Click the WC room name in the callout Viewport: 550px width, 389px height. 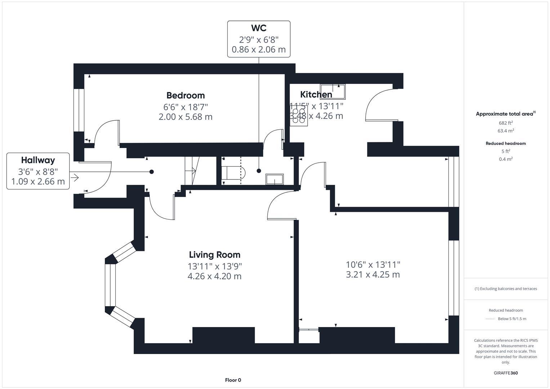click(259, 28)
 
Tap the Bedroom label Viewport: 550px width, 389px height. click(185, 95)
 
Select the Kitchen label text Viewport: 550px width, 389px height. click(316, 94)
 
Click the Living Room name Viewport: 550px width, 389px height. click(214, 255)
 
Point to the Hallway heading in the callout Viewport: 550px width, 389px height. click(38, 160)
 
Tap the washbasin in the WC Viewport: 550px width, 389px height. click(274, 179)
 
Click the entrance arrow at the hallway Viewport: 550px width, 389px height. click(75, 178)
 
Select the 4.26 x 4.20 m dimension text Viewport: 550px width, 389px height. click(214, 276)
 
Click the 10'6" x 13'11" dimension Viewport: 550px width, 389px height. click(373, 265)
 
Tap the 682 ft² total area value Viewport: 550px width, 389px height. click(506, 123)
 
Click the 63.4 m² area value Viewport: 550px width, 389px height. click(506, 131)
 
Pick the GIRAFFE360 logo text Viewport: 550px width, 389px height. click(506, 373)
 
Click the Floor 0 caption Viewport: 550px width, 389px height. click(233, 380)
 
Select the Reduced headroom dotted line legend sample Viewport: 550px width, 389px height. click(490, 319)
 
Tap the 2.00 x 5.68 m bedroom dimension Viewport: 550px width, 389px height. click(185, 117)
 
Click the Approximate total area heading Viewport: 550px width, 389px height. click(505, 114)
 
